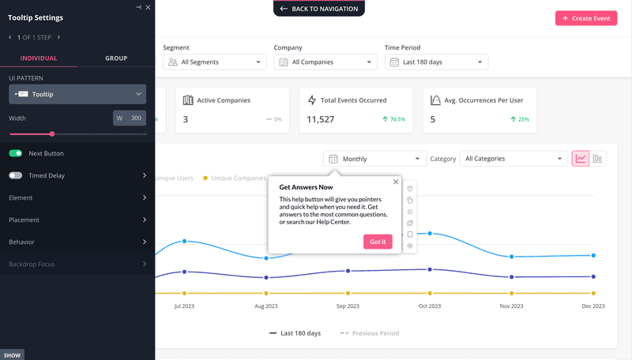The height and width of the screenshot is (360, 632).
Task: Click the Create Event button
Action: point(586,18)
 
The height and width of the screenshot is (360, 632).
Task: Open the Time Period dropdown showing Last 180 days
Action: point(436,62)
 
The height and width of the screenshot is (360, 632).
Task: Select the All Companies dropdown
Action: point(325,62)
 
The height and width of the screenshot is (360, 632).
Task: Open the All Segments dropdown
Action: point(214,62)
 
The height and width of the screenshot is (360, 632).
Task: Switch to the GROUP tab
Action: point(116,58)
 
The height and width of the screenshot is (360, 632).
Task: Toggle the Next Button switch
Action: point(16,153)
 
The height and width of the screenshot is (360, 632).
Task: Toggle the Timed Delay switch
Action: point(16,175)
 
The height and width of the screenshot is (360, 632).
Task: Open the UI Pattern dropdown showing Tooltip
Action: point(77,94)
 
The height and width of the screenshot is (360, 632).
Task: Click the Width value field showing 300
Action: point(136,118)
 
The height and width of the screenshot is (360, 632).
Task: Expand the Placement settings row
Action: point(77,219)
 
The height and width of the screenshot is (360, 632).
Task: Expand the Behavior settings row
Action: point(77,242)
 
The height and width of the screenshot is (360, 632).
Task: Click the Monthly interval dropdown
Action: point(374,159)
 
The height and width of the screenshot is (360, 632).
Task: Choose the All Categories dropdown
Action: point(512,159)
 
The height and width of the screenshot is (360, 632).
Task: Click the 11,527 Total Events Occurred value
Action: point(321,119)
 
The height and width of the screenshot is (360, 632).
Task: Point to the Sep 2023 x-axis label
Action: point(348,306)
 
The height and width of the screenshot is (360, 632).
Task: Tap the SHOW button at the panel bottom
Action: point(12,355)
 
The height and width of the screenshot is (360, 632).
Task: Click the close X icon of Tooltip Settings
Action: point(148,6)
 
